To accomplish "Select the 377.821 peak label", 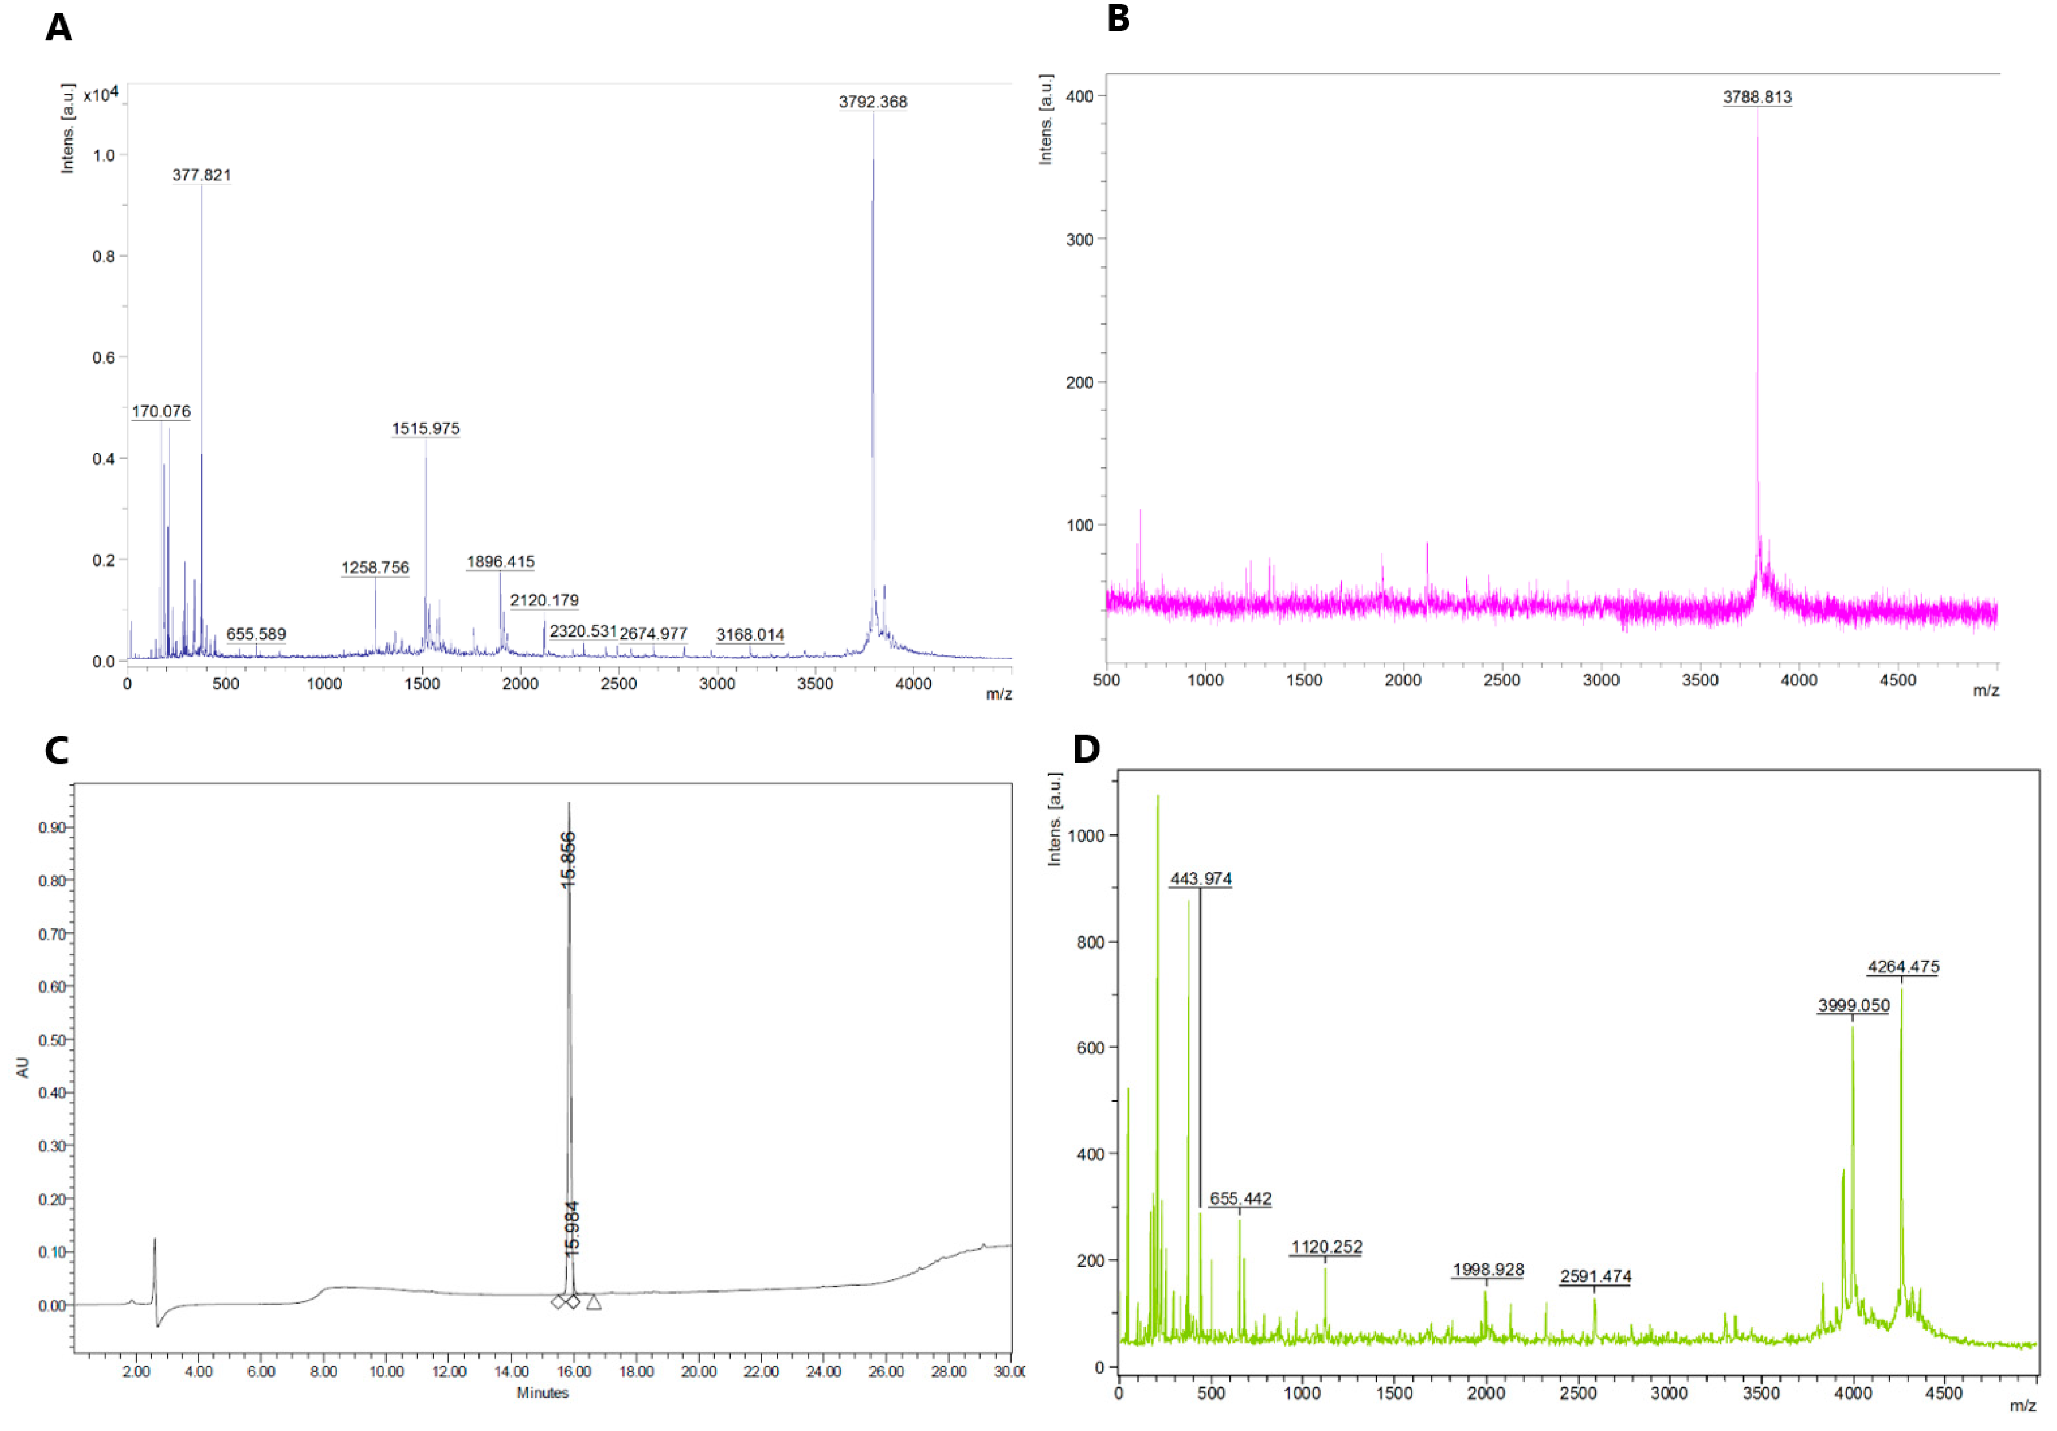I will [x=202, y=175].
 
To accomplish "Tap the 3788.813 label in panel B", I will [x=1757, y=97].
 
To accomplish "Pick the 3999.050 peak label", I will [x=1853, y=1006].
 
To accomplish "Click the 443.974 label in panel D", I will [x=1200, y=879].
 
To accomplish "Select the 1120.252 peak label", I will [x=1326, y=1247].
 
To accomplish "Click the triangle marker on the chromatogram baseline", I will [x=594, y=1302].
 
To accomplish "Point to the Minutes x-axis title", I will [x=542, y=1392].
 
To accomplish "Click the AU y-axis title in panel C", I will [x=23, y=1067].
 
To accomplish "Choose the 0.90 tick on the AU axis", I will [x=52, y=828].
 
